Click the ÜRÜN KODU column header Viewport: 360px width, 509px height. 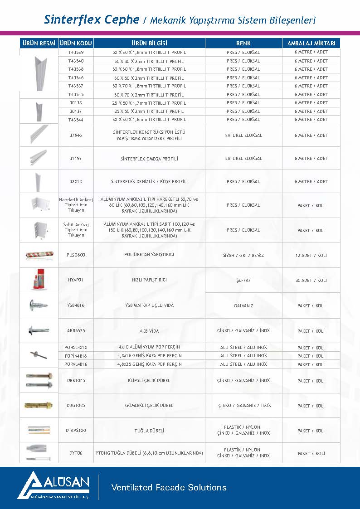pos(76,44)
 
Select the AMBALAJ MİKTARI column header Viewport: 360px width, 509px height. pos(311,44)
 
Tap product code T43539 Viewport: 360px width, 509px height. pos(76,53)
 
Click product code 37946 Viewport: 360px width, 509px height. pos(76,136)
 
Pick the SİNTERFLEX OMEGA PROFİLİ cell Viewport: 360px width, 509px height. pos(149,159)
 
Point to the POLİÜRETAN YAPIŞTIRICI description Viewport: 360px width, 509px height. pos(149,255)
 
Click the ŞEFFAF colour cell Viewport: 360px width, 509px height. pos(243,281)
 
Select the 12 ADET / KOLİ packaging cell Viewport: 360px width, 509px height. pos(311,256)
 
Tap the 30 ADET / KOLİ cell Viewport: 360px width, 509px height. pos(311,281)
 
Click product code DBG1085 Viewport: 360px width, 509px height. pos(76,406)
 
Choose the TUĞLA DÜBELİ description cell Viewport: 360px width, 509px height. pos(149,431)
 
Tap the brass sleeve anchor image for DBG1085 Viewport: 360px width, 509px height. pos(39,405)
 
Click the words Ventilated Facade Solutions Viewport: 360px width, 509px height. pos(169,488)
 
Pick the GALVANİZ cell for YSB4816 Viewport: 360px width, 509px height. pos(243,306)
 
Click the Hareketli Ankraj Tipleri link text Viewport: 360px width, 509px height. pos(76,205)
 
